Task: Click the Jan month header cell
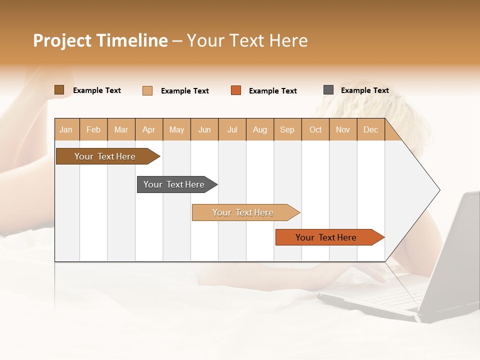click(x=66, y=129)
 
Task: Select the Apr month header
click(x=149, y=129)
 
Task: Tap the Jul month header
click(x=232, y=129)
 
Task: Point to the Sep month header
click(x=287, y=129)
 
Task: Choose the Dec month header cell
click(x=370, y=129)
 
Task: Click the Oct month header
click(x=315, y=129)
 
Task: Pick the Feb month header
click(x=93, y=129)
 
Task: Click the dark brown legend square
click(x=59, y=90)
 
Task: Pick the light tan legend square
click(x=147, y=90)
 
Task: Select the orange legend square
click(x=236, y=90)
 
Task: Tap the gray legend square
click(x=328, y=90)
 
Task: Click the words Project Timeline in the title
click(x=100, y=40)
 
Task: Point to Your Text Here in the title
click(x=247, y=40)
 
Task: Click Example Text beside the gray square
click(x=364, y=90)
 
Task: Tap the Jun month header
click(x=204, y=129)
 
